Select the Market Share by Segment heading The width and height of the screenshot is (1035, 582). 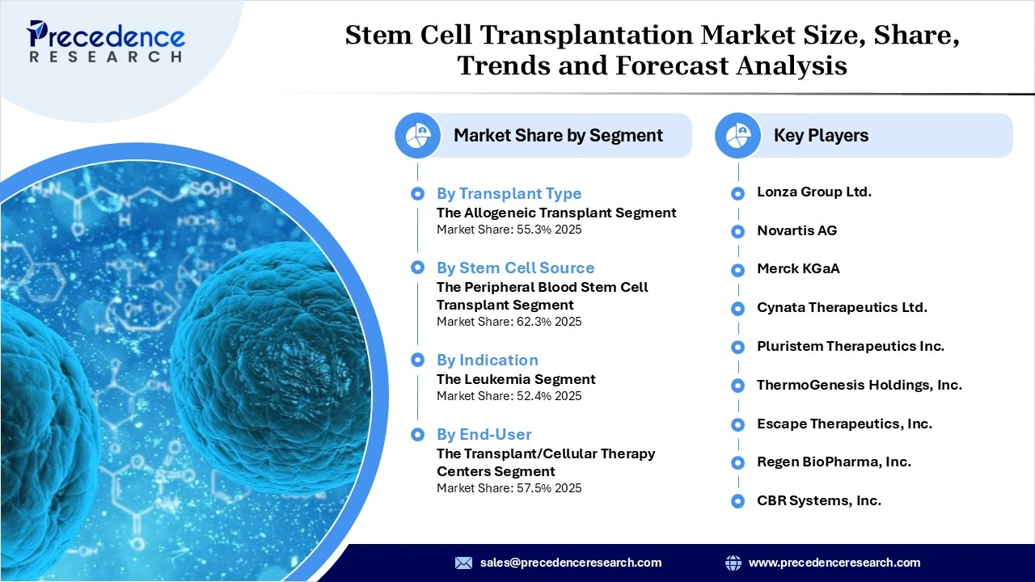pyautogui.click(x=558, y=136)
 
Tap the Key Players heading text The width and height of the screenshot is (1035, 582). pyautogui.click(x=821, y=136)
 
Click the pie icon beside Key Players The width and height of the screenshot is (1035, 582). pyautogui.click(x=737, y=136)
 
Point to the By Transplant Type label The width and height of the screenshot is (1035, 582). pyautogui.click(x=509, y=194)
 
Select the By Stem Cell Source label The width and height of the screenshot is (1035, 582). pyautogui.click(x=515, y=268)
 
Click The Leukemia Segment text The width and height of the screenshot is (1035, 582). pyautogui.click(x=516, y=379)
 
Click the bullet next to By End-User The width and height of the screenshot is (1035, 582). pyautogui.click(x=417, y=435)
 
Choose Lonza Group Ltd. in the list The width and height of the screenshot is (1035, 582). pyautogui.click(x=813, y=192)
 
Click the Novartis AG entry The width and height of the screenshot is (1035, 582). pyautogui.click(x=796, y=231)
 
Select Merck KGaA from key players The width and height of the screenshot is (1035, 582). pyautogui.click(x=798, y=269)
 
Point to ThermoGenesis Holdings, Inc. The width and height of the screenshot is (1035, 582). pyautogui.click(x=859, y=386)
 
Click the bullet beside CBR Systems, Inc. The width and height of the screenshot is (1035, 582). pyautogui.click(x=737, y=501)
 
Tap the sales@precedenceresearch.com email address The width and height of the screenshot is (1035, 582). pyautogui.click(x=571, y=563)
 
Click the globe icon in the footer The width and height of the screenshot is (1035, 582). pyautogui.click(x=733, y=563)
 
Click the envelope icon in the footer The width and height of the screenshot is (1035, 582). pyautogui.click(x=463, y=563)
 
